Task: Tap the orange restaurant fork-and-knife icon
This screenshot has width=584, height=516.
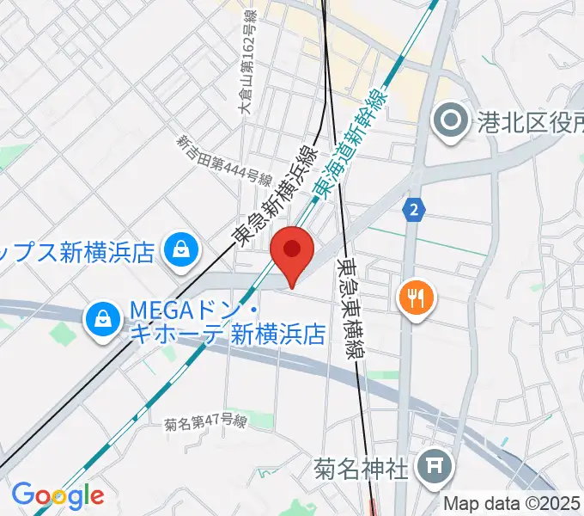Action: pos(417,298)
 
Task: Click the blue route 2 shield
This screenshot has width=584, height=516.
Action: pos(415,207)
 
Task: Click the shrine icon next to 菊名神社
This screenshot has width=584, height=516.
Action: pos(429,469)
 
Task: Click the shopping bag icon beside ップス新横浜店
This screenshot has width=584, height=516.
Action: pos(182,251)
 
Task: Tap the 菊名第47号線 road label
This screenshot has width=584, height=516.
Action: pos(206,422)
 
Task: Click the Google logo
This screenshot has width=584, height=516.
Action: pos(58,496)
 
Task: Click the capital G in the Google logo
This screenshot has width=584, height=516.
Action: pos(21,495)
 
